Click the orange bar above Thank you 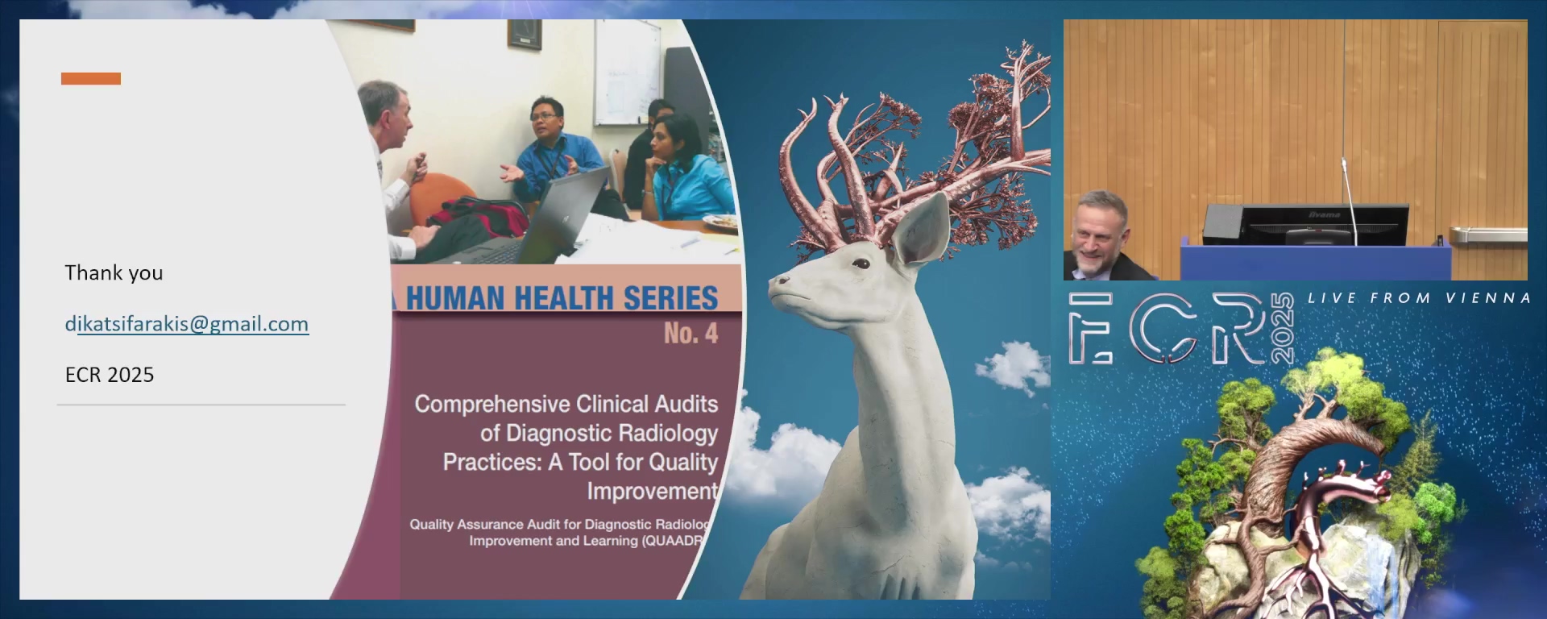(x=91, y=78)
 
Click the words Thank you (x=114, y=273)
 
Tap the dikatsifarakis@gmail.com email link (x=187, y=324)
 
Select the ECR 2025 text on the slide (x=110, y=375)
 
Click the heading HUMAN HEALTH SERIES (x=562, y=298)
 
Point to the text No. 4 (x=691, y=333)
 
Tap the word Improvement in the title (x=652, y=491)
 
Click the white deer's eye (x=861, y=264)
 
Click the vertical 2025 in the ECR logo (x=1282, y=328)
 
